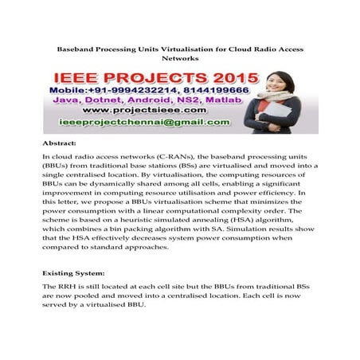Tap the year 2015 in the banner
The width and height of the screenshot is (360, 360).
(x=228, y=79)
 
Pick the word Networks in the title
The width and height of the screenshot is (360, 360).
(x=179, y=59)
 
